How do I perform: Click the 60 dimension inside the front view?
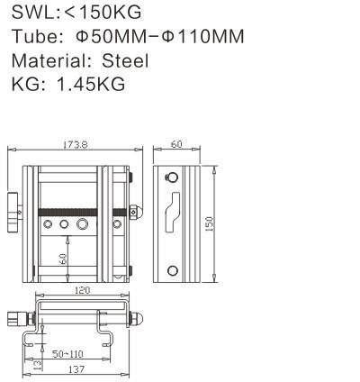[x=63, y=258]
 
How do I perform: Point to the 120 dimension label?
[x=83, y=292]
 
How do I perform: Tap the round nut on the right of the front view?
[x=134, y=213]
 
